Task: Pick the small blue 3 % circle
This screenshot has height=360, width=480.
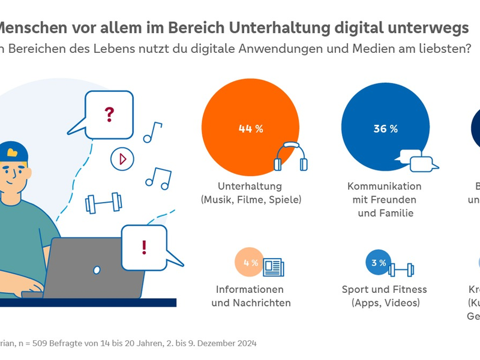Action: pos(378,263)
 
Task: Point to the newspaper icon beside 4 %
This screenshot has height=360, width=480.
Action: pos(274,267)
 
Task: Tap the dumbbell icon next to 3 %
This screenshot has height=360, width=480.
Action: pos(401,268)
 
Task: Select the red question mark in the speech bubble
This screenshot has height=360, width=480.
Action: pos(109,114)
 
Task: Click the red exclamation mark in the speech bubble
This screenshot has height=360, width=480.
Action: pos(144,247)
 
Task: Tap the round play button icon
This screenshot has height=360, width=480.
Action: pos(122,159)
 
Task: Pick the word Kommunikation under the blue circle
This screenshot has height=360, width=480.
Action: pos(384,186)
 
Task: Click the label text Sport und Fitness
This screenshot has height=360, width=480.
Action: pos(384,289)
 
